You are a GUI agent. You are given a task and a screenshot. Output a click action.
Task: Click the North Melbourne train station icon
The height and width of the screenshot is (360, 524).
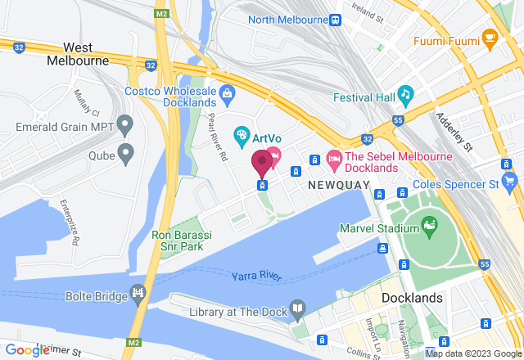coord(336,20)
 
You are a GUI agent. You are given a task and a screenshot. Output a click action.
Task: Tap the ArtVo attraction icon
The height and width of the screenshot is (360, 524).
coord(242,133)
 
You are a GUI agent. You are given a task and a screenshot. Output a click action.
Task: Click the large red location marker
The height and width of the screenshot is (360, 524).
coord(262,163)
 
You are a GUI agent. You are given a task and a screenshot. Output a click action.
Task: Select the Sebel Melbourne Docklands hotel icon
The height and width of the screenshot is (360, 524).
coord(333,156)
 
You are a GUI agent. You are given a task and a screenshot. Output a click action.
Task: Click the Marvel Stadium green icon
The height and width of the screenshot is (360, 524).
coord(428,223)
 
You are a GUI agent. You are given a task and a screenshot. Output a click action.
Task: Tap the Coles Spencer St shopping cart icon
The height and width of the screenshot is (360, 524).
coord(510,180)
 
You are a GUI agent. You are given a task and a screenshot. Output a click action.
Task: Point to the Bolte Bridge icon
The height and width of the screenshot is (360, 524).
coord(138,292)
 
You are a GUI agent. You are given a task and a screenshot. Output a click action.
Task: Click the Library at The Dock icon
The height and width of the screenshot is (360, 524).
coord(297,309)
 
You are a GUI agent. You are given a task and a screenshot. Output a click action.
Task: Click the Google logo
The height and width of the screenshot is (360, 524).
coord(28,350)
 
